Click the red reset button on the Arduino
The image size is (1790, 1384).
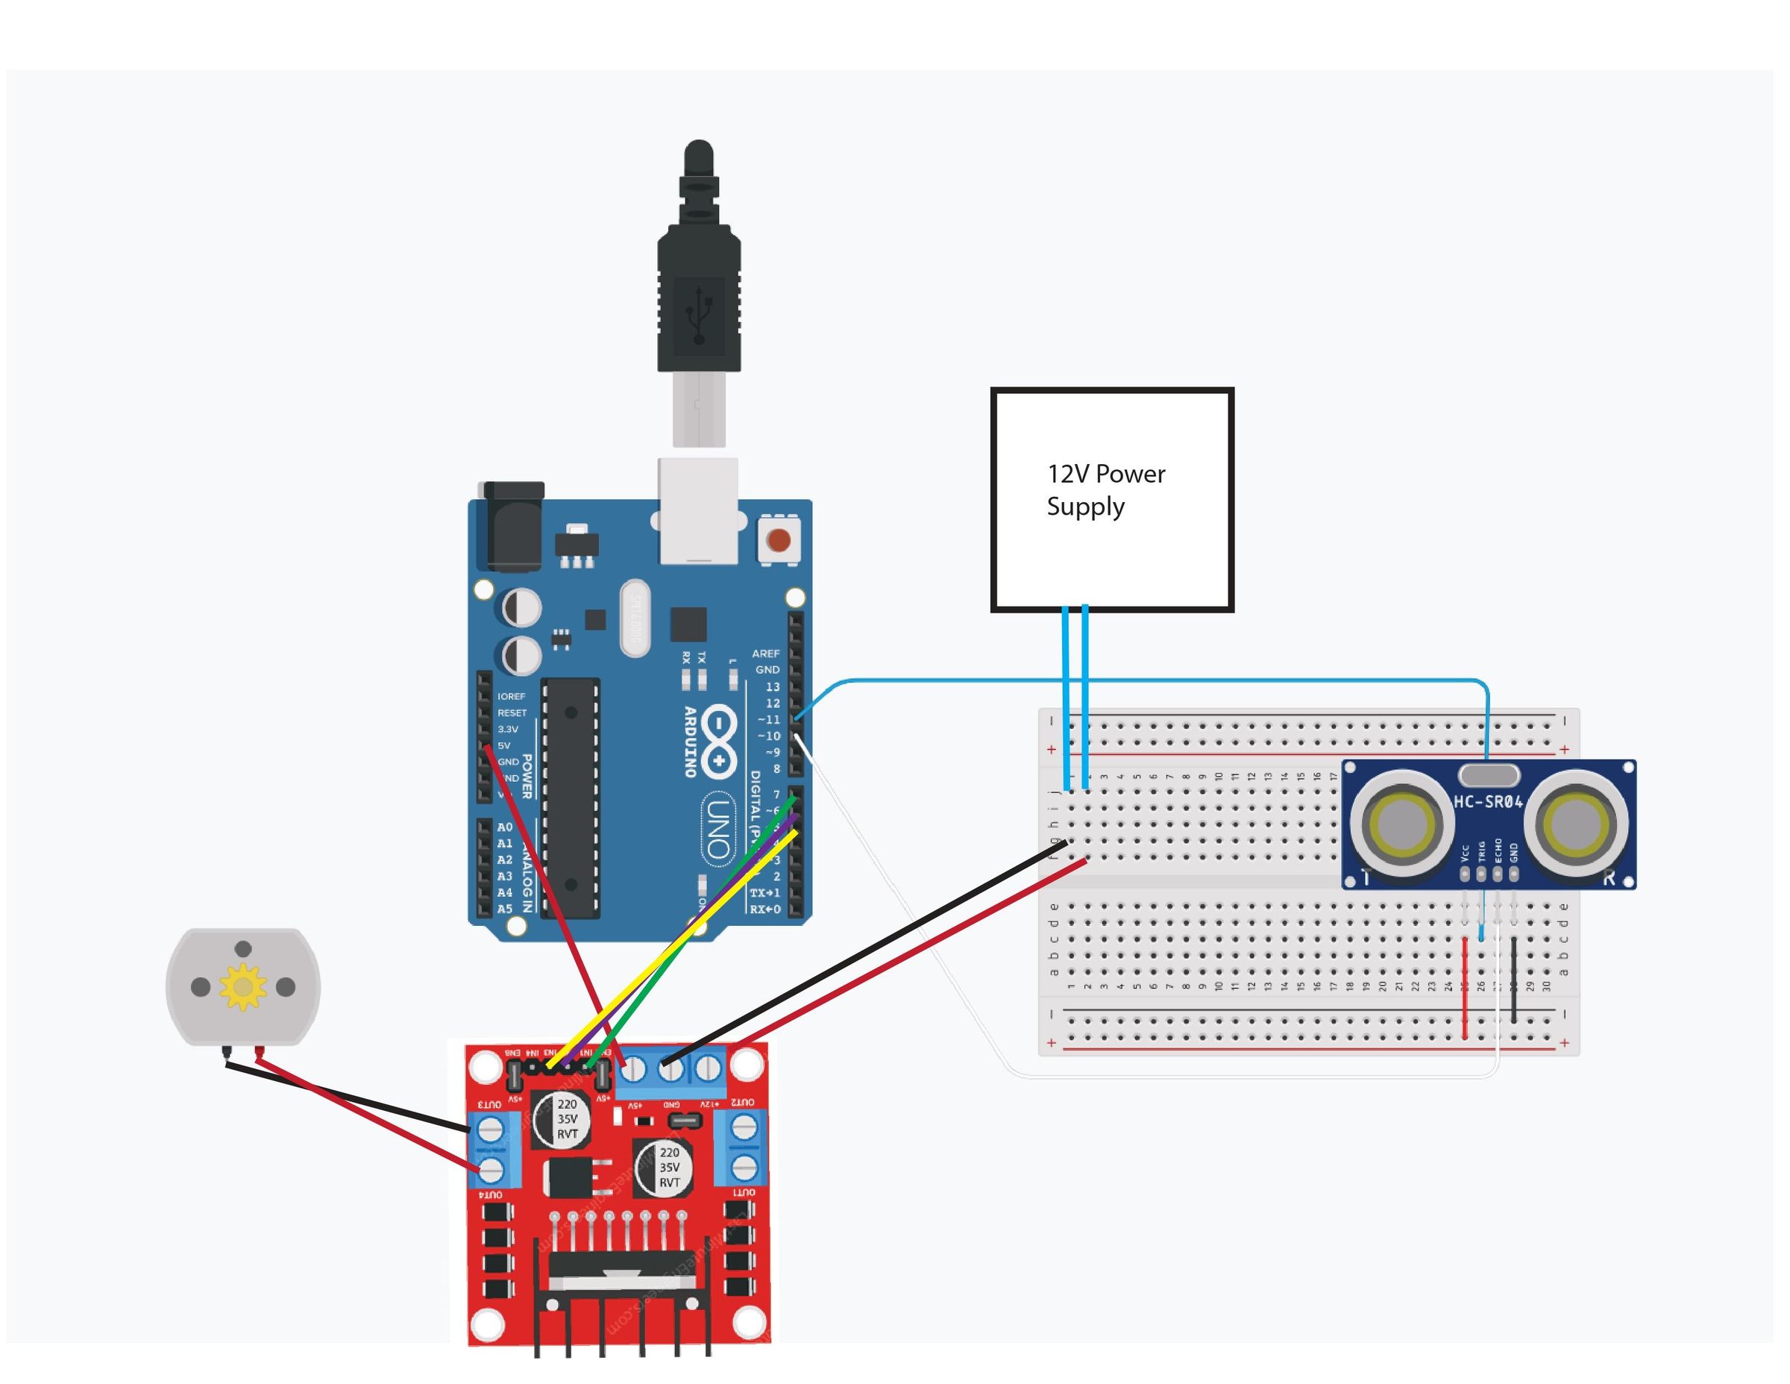point(778,540)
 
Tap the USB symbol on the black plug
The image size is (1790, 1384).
point(698,315)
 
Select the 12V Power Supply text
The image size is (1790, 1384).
point(1105,489)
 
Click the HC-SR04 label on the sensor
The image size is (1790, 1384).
point(1488,801)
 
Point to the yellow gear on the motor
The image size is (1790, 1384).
point(243,986)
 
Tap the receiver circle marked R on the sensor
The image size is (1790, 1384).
point(1576,820)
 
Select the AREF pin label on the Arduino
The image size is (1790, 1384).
point(765,654)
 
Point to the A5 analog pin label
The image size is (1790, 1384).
point(505,909)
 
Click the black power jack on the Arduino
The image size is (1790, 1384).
point(514,525)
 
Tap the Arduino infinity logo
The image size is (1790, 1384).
point(718,742)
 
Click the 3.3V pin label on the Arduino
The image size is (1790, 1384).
point(508,729)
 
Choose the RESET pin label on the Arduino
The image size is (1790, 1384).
point(512,713)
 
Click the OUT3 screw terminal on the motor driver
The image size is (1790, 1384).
point(490,1130)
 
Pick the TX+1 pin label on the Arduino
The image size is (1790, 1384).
point(764,892)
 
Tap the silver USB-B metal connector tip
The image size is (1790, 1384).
point(698,409)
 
